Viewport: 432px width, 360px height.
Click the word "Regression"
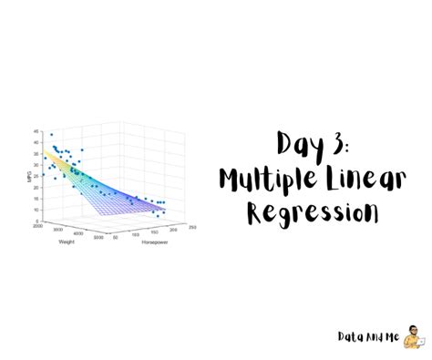click(312, 213)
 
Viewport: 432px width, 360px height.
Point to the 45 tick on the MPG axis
click(36, 130)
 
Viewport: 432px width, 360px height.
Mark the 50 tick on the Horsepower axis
click(116, 239)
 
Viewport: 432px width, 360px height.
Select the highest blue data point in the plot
click(51, 135)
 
